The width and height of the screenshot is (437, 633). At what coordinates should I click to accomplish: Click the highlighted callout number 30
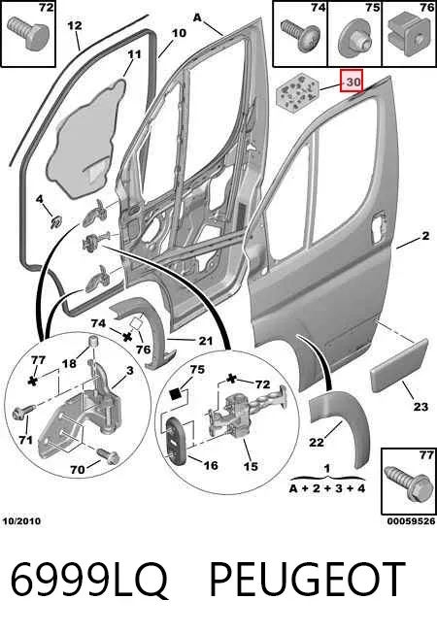tap(352, 81)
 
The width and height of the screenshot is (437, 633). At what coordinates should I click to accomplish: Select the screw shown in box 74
tap(300, 37)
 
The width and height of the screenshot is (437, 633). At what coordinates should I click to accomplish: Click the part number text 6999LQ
tap(88, 580)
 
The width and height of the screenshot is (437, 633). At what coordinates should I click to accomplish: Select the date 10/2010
tap(21, 520)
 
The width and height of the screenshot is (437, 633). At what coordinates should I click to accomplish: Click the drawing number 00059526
tap(411, 521)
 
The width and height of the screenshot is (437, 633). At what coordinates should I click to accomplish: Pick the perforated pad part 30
tap(296, 92)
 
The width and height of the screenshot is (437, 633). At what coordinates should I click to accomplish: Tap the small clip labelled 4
tap(55, 221)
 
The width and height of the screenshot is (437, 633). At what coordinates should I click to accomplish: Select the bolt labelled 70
tap(108, 455)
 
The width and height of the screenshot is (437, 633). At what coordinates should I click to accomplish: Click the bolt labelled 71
tap(21, 413)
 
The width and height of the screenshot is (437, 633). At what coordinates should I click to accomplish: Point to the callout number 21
tap(205, 341)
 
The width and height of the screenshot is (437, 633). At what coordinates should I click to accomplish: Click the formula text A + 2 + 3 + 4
tap(327, 488)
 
